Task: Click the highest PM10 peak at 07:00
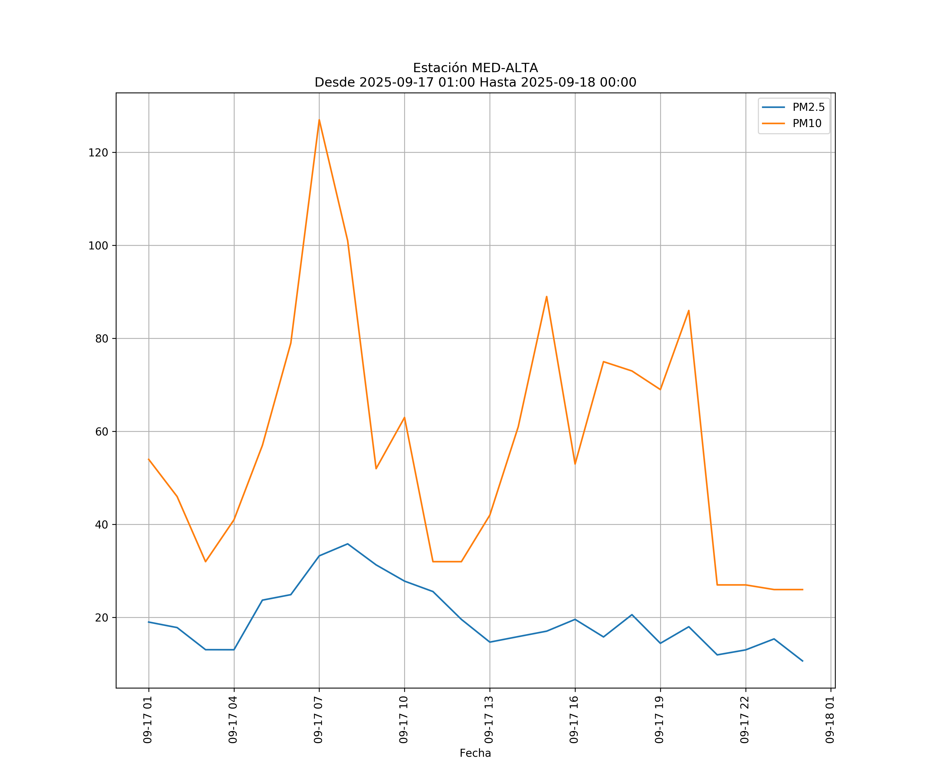[319, 120]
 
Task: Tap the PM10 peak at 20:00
[689, 310]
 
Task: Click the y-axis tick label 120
[98, 153]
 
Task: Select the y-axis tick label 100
[98, 246]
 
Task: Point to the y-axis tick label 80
[102, 339]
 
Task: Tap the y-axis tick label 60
[102, 432]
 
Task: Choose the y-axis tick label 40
[102, 525]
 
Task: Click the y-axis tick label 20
[102, 618]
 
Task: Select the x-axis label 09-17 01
[148, 720]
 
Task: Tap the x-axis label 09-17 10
[403, 720]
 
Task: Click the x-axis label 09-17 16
[574, 720]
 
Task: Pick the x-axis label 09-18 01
[830, 720]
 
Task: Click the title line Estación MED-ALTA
[475, 68]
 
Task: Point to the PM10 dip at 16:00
[575, 464]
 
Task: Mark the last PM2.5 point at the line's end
[802, 661]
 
